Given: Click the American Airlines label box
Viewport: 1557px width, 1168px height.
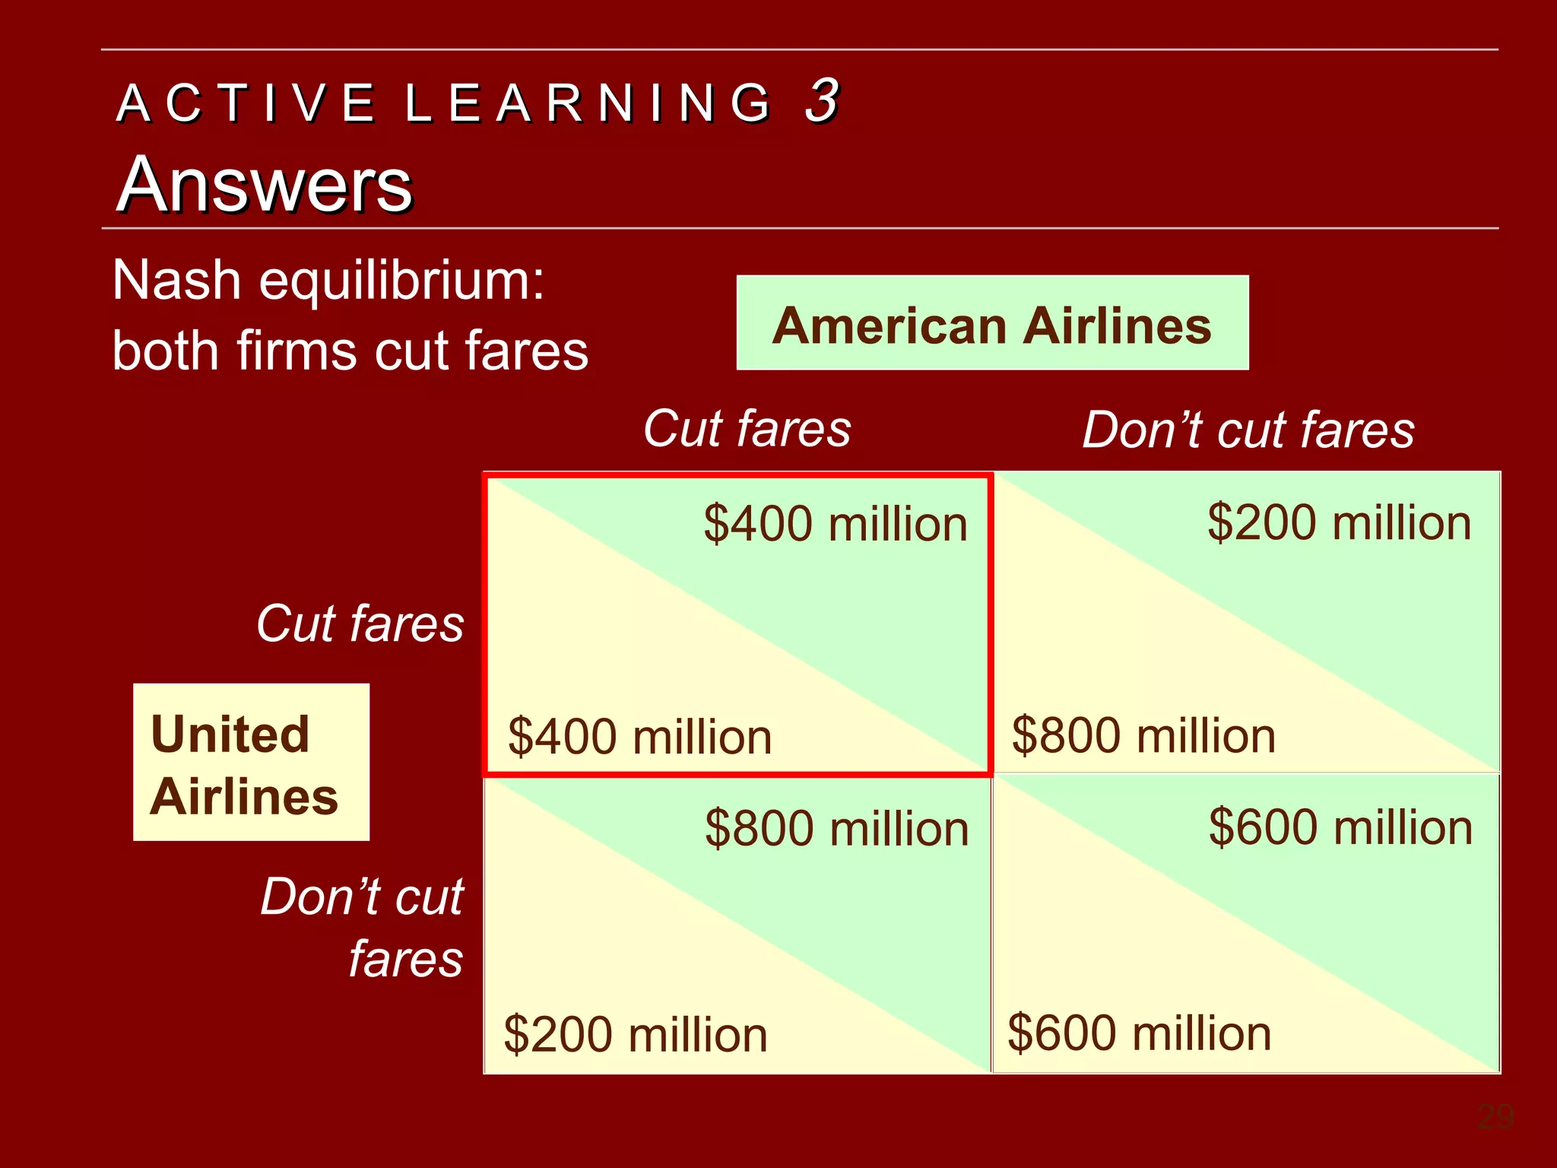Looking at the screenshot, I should pyautogui.click(x=992, y=323).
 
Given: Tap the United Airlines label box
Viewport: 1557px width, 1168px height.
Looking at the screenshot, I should pyautogui.click(x=251, y=763).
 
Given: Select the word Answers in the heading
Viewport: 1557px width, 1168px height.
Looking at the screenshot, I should pyautogui.click(x=265, y=185).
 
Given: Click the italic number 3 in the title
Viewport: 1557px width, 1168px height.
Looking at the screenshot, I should pyautogui.click(x=822, y=100).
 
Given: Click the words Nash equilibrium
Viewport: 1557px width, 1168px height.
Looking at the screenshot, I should pyautogui.click(x=328, y=281).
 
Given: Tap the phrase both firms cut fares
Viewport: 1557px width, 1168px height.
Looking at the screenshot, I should pyautogui.click(x=350, y=351).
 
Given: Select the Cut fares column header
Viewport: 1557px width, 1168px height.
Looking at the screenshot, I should pyautogui.click(x=747, y=428).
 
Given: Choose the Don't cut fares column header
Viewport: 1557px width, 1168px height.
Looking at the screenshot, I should pyautogui.click(x=1248, y=430).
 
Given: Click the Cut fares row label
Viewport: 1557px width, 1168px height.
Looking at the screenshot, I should pyautogui.click(x=360, y=624).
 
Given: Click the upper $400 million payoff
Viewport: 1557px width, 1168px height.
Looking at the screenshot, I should pyautogui.click(x=835, y=524).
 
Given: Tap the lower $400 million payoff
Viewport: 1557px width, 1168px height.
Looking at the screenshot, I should pyautogui.click(x=639, y=737).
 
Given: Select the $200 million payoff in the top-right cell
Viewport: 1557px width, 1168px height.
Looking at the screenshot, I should pyautogui.click(x=1339, y=523).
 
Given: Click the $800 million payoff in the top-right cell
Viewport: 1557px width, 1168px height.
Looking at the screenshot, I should pyautogui.click(x=1143, y=735).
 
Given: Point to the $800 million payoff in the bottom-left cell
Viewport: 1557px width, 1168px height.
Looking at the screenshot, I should pyautogui.click(x=836, y=828).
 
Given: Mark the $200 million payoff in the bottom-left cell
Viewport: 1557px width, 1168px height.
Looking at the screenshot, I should pyautogui.click(x=636, y=1034).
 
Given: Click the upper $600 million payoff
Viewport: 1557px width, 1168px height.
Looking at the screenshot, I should pyautogui.click(x=1340, y=827).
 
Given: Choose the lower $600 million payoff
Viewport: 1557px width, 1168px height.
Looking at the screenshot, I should pyautogui.click(x=1139, y=1033).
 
